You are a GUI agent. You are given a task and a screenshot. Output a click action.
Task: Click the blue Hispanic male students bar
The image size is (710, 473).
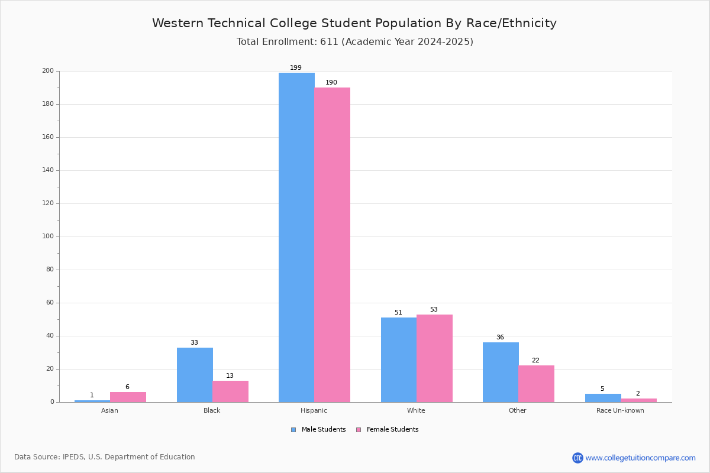[x=296, y=237]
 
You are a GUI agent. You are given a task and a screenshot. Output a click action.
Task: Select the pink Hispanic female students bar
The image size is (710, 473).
[x=332, y=245]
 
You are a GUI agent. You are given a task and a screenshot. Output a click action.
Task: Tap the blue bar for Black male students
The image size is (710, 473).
[x=195, y=375]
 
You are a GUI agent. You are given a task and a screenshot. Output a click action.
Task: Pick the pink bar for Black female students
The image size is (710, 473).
[x=230, y=391]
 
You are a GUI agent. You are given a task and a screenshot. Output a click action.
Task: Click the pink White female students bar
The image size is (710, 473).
[x=434, y=358]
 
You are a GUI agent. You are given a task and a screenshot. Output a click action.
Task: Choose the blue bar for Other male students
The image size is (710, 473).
[x=501, y=372]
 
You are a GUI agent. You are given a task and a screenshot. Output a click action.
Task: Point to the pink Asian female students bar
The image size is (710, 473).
[x=128, y=397]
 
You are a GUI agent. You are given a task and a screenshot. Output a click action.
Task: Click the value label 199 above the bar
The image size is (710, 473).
[x=296, y=67]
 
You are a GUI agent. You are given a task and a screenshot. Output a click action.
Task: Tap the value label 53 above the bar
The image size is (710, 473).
[x=434, y=309]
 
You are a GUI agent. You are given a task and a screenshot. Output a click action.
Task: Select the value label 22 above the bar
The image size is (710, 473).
[x=535, y=360]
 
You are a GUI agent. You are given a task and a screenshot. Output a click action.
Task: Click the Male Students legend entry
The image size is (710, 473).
[x=318, y=429]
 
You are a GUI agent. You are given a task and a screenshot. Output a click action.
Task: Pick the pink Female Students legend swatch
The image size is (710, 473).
[x=359, y=430]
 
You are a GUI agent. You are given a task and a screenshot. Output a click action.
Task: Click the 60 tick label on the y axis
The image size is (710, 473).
[x=50, y=303]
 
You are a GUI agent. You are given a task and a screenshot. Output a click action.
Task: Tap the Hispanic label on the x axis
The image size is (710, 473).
[x=314, y=410]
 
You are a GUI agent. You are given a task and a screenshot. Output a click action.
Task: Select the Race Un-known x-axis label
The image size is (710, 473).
[x=620, y=410]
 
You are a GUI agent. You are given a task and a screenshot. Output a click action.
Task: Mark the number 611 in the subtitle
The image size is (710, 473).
[x=329, y=41]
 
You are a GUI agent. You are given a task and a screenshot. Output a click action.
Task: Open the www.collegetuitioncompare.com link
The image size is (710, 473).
[x=640, y=458]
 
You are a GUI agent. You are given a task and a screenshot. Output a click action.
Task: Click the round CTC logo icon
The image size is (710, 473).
[x=577, y=458]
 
